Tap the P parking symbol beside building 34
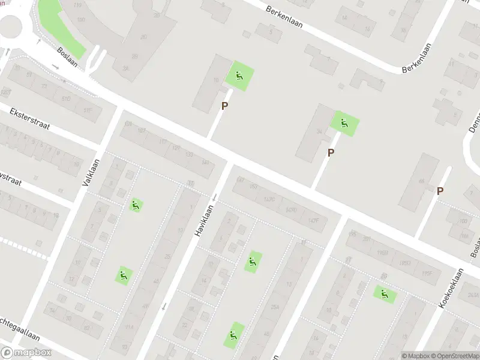[x=331, y=153]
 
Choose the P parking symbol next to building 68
[x=440, y=191]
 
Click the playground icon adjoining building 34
[x=344, y=124]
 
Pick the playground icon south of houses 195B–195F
[x=384, y=294]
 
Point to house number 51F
[x=89, y=110]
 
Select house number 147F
[x=313, y=220]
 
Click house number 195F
[x=427, y=274]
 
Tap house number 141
[x=205, y=163]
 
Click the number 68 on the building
[x=421, y=181]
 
